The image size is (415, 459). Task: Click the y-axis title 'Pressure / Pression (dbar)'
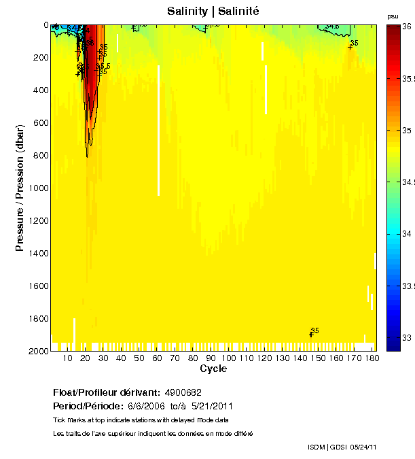[20, 188]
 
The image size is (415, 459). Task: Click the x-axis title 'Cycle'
[213, 369]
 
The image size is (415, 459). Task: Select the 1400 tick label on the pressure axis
[38, 254]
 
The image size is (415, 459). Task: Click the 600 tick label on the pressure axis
[41, 123]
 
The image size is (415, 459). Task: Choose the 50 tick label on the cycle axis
[139, 358]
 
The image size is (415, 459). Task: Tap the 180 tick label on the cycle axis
[372, 358]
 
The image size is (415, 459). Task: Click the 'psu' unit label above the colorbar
[392, 16]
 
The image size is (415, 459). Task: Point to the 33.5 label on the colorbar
[408, 286]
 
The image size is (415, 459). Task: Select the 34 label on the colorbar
[405, 234]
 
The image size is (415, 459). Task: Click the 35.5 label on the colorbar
[408, 78]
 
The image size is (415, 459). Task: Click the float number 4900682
[183, 392]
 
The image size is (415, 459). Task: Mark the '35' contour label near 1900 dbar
[314, 330]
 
